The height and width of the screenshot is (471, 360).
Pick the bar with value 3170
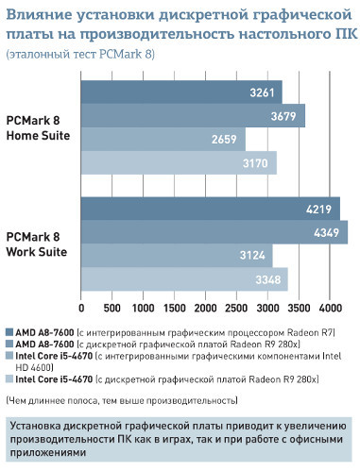pos(180,162)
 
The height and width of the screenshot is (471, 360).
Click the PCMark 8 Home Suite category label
pos(38,127)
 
